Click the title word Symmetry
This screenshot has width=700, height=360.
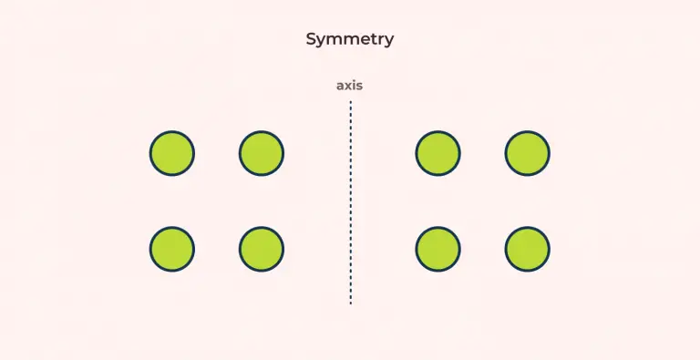pyautogui.click(x=350, y=39)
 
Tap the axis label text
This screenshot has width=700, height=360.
pyautogui.click(x=350, y=86)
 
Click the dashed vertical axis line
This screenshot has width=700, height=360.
pyautogui.click(x=350, y=201)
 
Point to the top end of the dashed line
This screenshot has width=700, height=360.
pyautogui.click(x=350, y=102)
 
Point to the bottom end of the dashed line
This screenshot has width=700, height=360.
pyautogui.click(x=350, y=302)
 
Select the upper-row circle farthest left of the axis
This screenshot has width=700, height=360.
pyautogui.click(x=172, y=153)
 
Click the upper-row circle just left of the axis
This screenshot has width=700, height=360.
pyautogui.click(x=262, y=153)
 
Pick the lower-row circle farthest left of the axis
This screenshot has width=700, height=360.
pyautogui.click(x=172, y=249)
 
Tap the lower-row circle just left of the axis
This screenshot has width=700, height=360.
pyautogui.click(x=262, y=249)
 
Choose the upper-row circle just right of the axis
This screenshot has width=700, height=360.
pyautogui.click(x=438, y=153)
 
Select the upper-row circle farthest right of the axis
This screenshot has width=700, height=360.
pyautogui.click(x=528, y=153)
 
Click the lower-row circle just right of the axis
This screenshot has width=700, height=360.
pyautogui.click(x=438, y=249)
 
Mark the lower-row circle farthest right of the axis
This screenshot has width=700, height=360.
pyautogui.click(x=528, y=249)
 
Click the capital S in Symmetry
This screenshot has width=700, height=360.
pyautogui.click(x=312, y=39)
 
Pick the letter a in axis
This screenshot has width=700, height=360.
pyautogui.click(x=341, y=86)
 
